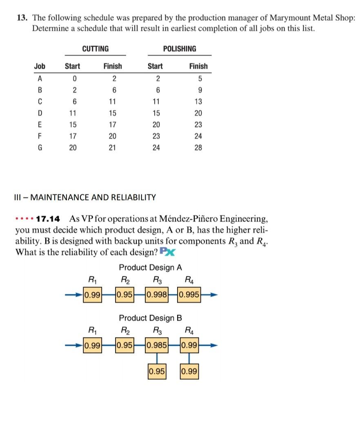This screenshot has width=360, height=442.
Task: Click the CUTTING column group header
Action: point(96,49)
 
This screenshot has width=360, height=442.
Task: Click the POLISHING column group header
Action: point(180,49)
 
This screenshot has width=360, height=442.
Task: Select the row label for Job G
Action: point(40,148)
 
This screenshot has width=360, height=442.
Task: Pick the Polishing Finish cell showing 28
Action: point(198,148)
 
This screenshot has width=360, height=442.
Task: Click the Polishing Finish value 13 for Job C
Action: point(198,102)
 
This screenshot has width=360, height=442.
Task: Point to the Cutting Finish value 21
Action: point(112,148)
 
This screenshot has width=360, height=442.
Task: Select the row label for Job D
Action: point(40,113)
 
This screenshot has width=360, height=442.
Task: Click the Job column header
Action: point(40,66)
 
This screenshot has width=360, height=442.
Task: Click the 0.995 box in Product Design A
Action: point(189,294)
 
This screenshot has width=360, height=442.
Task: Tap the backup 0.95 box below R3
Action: point(157,372)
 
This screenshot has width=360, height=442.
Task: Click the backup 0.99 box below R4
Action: point(189,372)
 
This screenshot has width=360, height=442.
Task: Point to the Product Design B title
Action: point(150,317)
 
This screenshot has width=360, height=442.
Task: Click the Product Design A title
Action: point(150,268)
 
